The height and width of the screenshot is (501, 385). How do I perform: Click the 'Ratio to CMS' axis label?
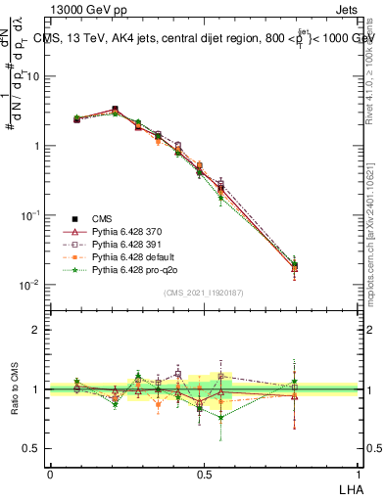pos(15,388)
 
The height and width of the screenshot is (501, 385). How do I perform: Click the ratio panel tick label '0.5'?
pos(32,448)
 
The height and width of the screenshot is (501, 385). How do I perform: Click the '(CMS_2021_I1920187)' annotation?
pos(204,293)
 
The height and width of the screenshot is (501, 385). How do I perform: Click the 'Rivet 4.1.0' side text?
pos(370,93)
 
